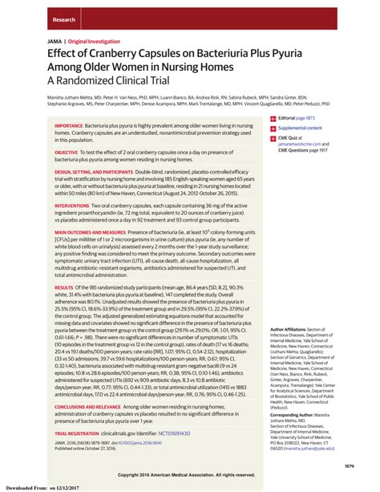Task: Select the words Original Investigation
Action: click(x=95, y=39)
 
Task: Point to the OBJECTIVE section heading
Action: click(x=67, y=152)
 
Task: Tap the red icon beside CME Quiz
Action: click(x=273, y=140)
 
